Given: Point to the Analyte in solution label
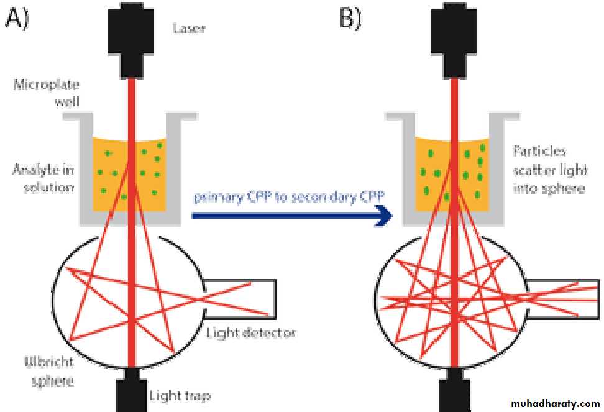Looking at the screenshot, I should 42,177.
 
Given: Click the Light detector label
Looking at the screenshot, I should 250,333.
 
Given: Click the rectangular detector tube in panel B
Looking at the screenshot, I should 553,298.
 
